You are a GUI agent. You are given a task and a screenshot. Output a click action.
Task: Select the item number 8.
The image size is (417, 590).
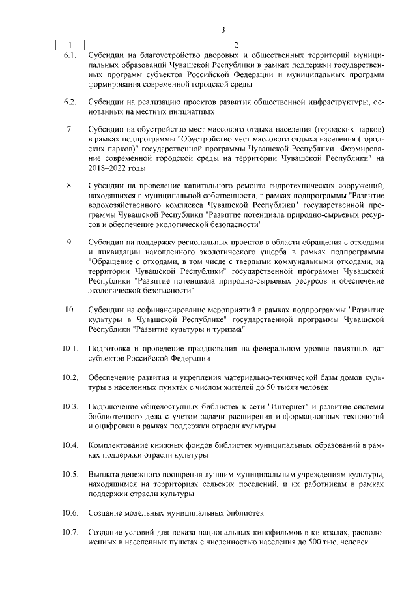click(x=70, y=187)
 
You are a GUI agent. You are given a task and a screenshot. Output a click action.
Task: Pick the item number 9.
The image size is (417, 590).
click(x=70, y=243)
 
